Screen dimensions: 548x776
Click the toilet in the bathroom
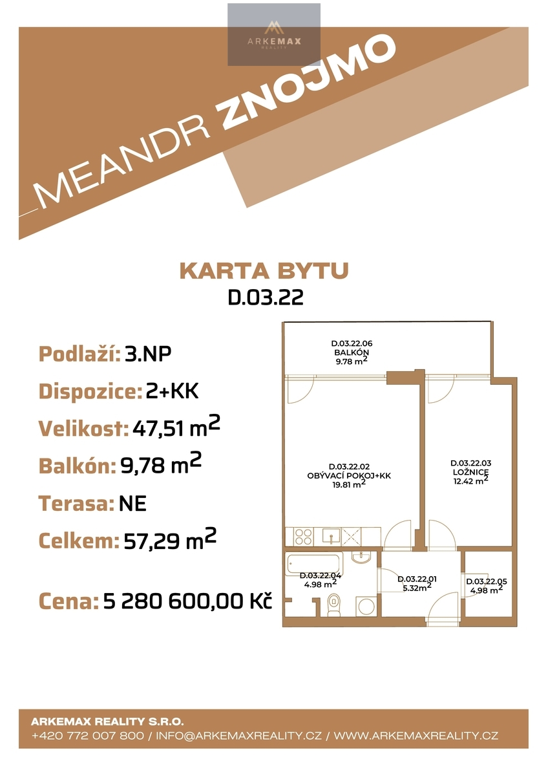334,605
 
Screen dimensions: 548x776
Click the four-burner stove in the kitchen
303,537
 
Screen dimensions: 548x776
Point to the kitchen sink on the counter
332,536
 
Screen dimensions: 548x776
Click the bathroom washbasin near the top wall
361,556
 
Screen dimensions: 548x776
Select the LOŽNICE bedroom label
470,472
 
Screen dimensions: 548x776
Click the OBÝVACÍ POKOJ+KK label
349,476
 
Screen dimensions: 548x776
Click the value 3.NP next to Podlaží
148,354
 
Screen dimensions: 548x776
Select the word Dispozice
90,392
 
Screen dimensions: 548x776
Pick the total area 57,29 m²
169,540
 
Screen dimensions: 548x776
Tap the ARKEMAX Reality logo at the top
274,35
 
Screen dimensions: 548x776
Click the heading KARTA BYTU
264,270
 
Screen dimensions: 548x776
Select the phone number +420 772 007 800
88,735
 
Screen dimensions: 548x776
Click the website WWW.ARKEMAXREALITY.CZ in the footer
416,735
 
